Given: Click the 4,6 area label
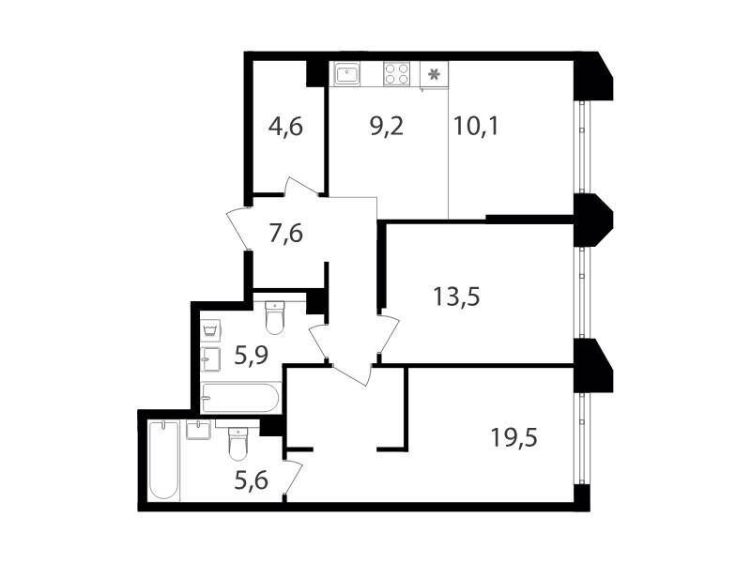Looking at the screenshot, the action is pos(285,128).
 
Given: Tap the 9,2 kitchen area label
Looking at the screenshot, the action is pos(387,127).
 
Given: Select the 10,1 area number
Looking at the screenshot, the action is pos(476,127).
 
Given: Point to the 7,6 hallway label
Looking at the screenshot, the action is pos(286,234).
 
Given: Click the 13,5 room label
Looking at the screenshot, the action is pos(456,297).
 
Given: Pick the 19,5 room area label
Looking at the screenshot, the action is pos(513,437).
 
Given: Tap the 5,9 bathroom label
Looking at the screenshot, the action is pos(251,356).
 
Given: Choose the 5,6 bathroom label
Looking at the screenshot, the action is pos(251,480).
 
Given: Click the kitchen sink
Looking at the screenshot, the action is pos(347,74).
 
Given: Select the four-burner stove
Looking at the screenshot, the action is pos(397,74).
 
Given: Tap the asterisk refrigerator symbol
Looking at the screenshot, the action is pos(434,75).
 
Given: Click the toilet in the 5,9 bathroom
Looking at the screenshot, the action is pos(275,317).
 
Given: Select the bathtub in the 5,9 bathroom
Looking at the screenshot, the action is pos(241,397).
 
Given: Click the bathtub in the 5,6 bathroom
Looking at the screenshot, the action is pos(163,461).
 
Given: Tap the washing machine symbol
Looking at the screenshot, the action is pos(210,331).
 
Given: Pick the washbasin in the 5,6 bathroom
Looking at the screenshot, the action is pos(198,430).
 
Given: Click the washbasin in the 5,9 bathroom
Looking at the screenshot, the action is pos(210,359).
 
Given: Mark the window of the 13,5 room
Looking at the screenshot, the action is pos(581,292).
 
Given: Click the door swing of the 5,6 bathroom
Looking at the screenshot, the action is pos(294,477).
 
